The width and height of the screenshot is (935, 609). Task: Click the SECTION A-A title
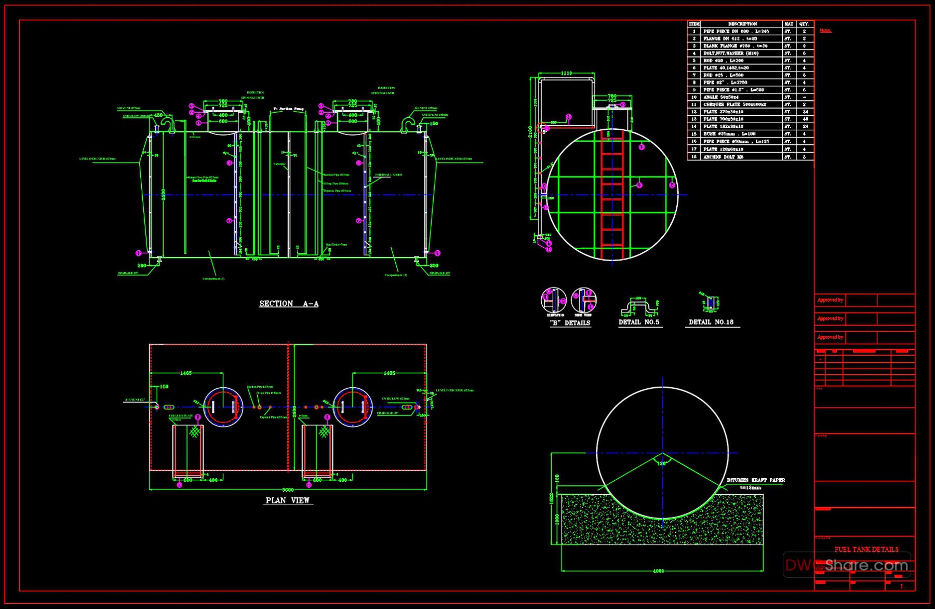(289, 304)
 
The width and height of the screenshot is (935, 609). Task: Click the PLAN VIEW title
(288, 500)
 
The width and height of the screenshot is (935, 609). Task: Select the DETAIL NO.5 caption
(639, 322)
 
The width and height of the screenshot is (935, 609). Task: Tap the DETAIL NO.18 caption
(711, 322)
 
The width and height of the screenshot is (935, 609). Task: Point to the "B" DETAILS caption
(570, 323)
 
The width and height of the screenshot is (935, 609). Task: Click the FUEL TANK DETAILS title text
(866, 549)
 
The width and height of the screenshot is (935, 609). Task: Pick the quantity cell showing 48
(805, 119)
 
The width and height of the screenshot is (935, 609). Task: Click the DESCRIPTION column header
(742, 24)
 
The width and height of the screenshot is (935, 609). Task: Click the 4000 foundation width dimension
(658, 571)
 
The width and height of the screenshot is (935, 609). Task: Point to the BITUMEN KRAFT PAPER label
(756, 480)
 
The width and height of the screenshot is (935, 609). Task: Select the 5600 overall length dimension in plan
(288, 490)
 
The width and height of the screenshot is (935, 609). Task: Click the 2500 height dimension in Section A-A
(163, 194)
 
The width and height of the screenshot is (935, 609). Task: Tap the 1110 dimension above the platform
(567, 74)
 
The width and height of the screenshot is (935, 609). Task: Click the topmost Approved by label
(830, 300)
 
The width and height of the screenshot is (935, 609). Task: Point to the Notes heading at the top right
(825, 31)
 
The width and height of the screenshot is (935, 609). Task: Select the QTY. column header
(805, 24)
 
